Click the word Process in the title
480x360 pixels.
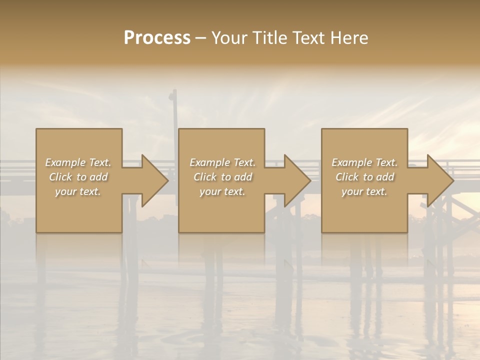click(157, 38)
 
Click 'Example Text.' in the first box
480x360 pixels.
click(78, 162)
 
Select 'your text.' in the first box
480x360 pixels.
click(78, 191)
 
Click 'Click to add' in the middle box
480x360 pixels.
click(222, 177)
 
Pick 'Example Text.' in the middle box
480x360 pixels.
click(222, 162)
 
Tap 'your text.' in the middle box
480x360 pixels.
click(222, 191)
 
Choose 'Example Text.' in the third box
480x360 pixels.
click(364, 162)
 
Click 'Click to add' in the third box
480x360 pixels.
click(364, 177)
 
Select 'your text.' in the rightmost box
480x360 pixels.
click(364, 191)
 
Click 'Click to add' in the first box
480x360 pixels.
click(78, 177)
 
